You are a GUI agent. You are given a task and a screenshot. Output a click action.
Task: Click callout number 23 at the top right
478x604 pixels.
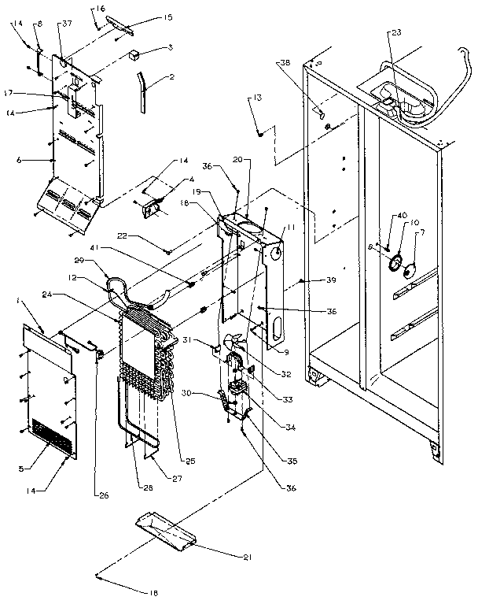click(x=395, y=33)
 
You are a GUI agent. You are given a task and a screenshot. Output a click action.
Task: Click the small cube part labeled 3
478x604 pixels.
click(x=135, y=56)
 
